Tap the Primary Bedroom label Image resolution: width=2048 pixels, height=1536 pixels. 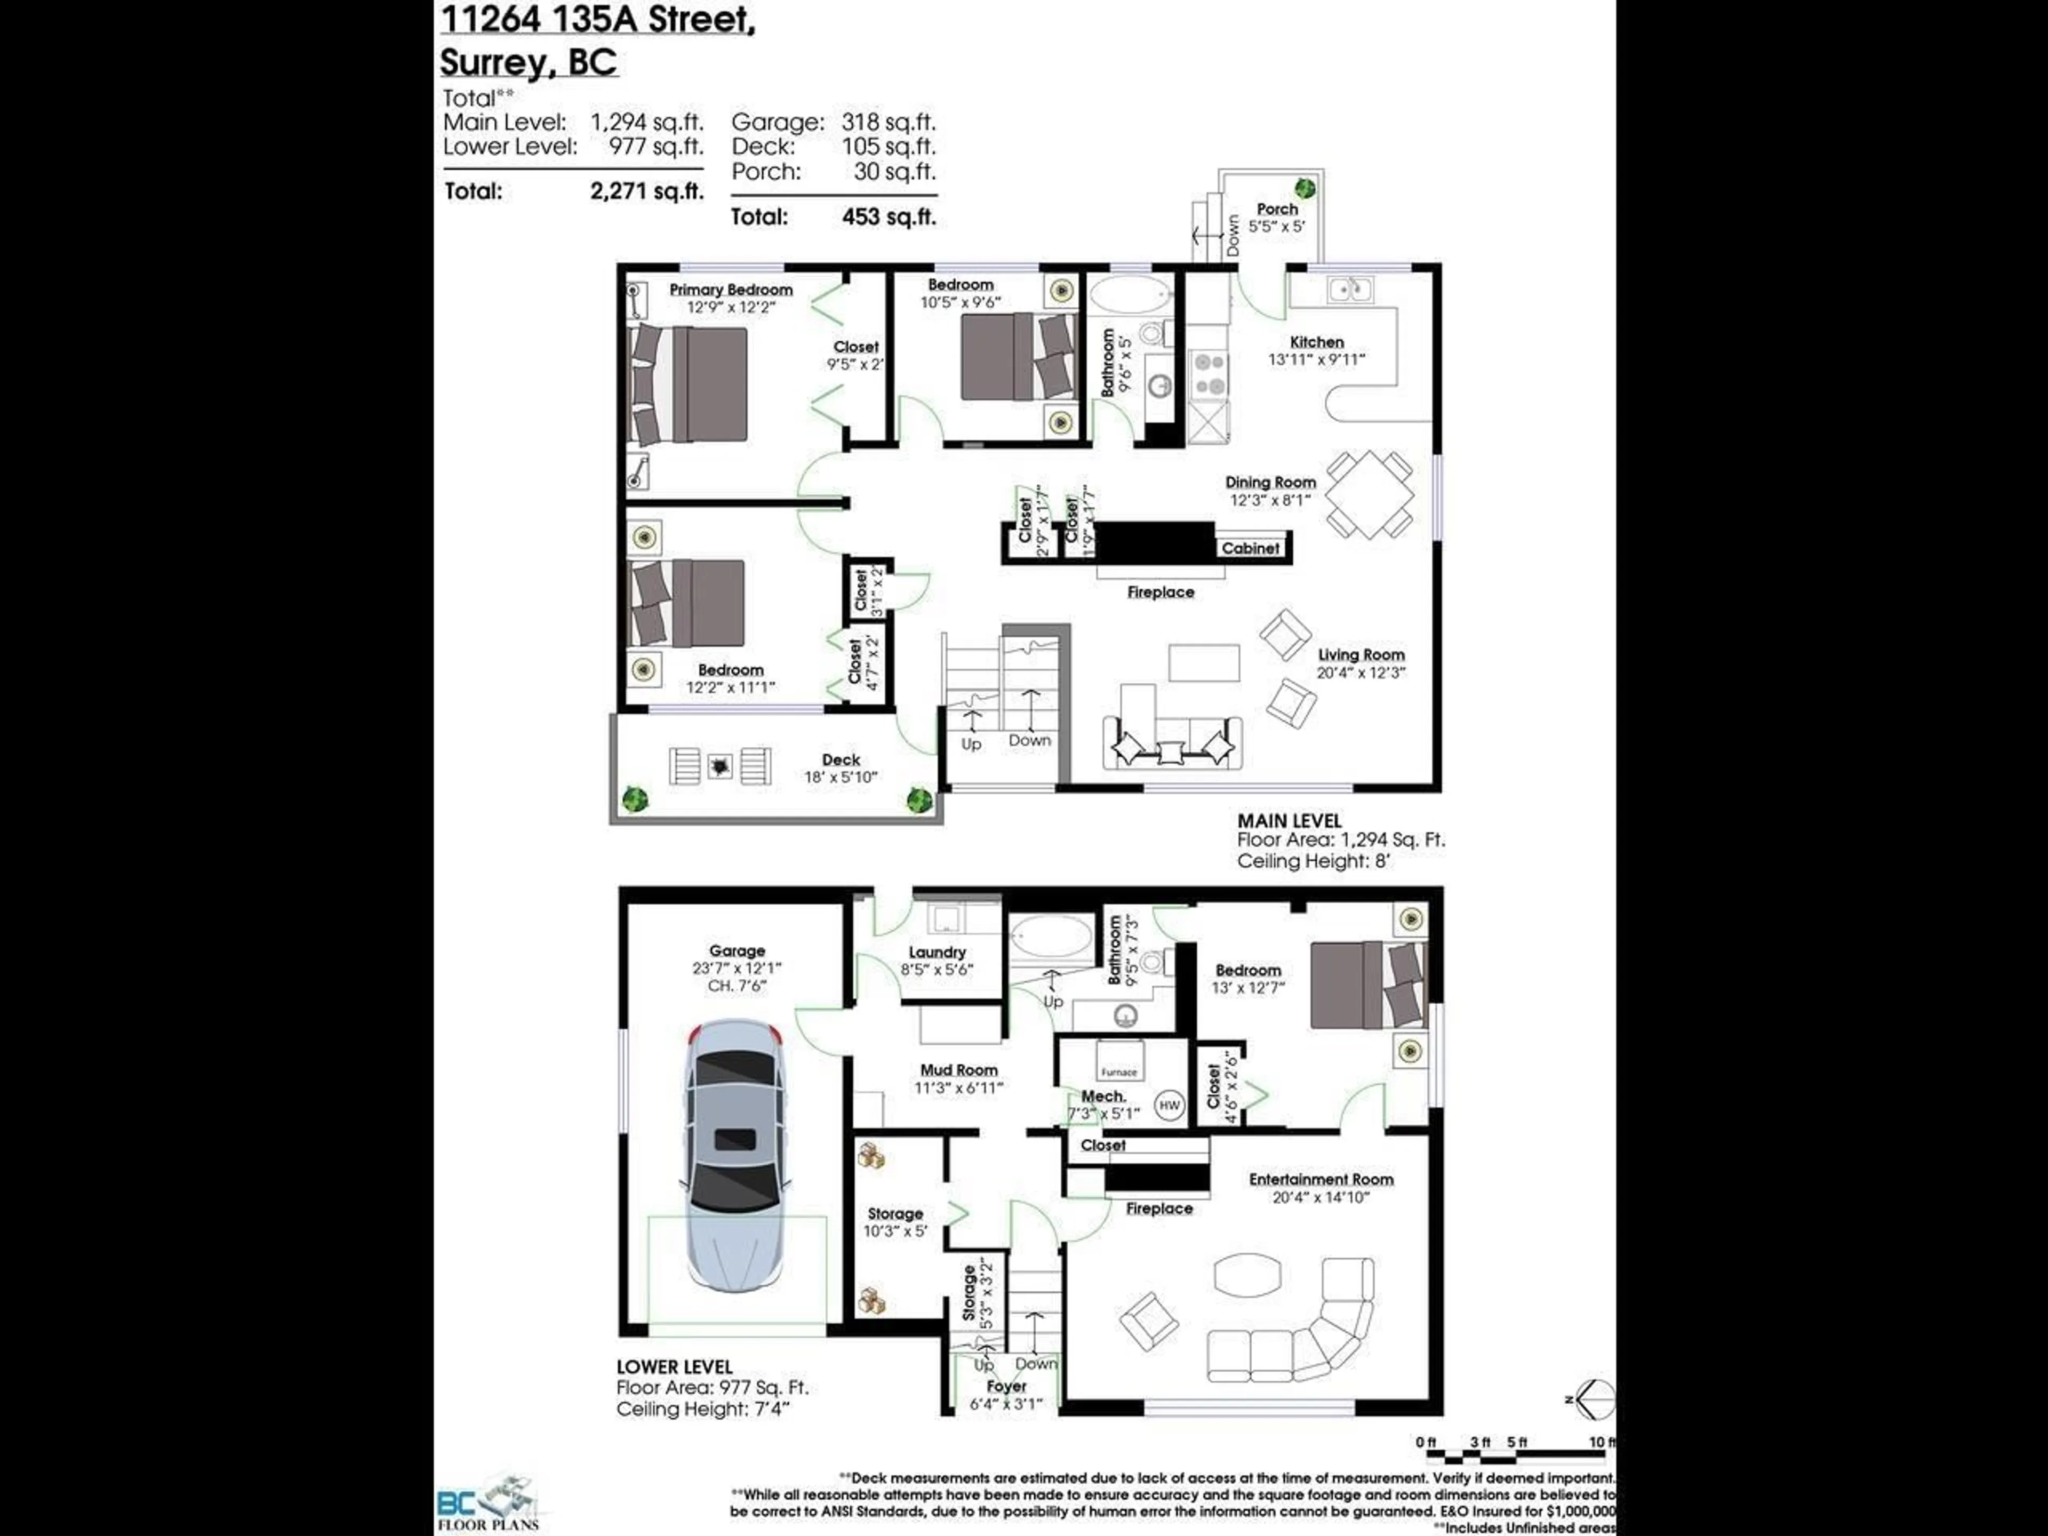[731, 290]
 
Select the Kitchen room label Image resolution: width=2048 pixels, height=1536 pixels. [1317, 342]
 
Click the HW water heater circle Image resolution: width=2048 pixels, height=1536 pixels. [1170, 1106]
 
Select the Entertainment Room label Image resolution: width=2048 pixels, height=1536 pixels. [1321, 1180]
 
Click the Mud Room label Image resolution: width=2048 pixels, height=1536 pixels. [958, 1070]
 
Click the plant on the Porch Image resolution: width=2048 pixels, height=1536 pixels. [1305, 188]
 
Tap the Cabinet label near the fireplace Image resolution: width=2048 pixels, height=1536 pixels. [1250, 548]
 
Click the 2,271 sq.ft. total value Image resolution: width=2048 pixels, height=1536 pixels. [646, 191]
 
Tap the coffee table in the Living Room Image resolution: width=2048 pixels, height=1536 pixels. [1204, 663]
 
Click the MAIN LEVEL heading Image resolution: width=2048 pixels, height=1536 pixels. [1289, 820]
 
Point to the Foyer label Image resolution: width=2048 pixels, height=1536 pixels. [1006, 1386]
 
